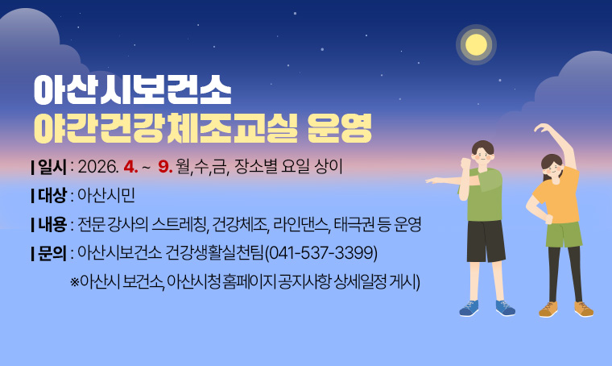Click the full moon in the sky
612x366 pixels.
[x=477, y=44]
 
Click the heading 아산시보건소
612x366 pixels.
[x=132, y=91]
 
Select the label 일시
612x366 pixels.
[x=50, y=168]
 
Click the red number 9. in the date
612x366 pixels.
[x=167, y=168]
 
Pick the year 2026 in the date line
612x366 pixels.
[x=98, y=168]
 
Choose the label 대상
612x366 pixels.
[x=50, y=196]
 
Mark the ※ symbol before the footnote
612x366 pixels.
[x=76, y=282]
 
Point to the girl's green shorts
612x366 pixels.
[x=564, y=235]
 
